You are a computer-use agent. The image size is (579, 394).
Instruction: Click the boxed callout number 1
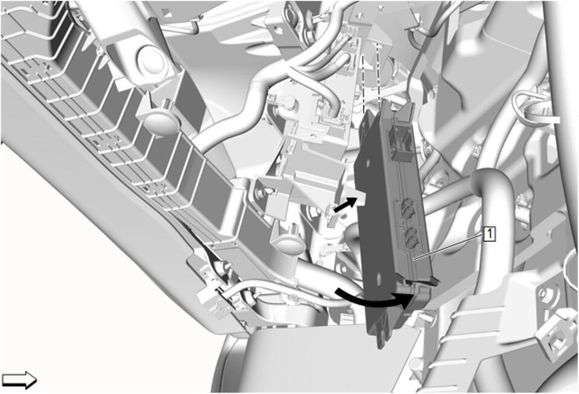490,234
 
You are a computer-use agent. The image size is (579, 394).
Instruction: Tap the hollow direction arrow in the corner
19,380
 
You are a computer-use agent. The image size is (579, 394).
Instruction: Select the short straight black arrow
345,204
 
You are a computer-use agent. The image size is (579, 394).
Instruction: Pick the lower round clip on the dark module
411,236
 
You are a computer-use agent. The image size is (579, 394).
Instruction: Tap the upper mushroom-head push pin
159,121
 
